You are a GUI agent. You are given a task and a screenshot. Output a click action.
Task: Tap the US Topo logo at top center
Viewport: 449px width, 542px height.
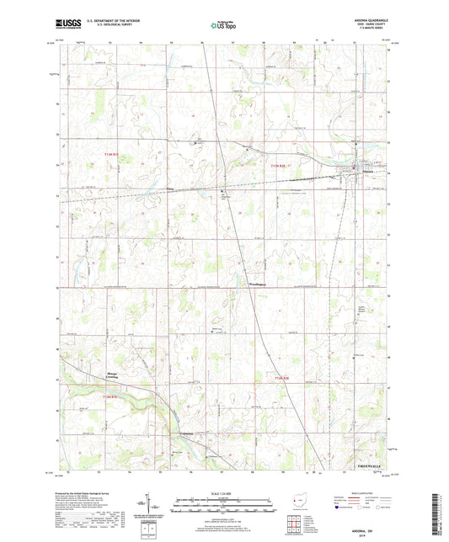(222, 26)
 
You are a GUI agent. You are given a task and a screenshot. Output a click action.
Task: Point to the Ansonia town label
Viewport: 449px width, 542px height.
(355, 174)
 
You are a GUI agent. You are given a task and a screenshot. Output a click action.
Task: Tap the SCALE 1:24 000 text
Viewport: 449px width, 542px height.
(223, 492)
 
